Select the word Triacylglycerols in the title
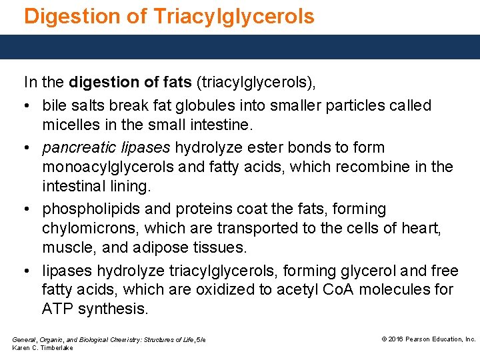point(233,16)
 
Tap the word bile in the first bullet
point(54,105)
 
